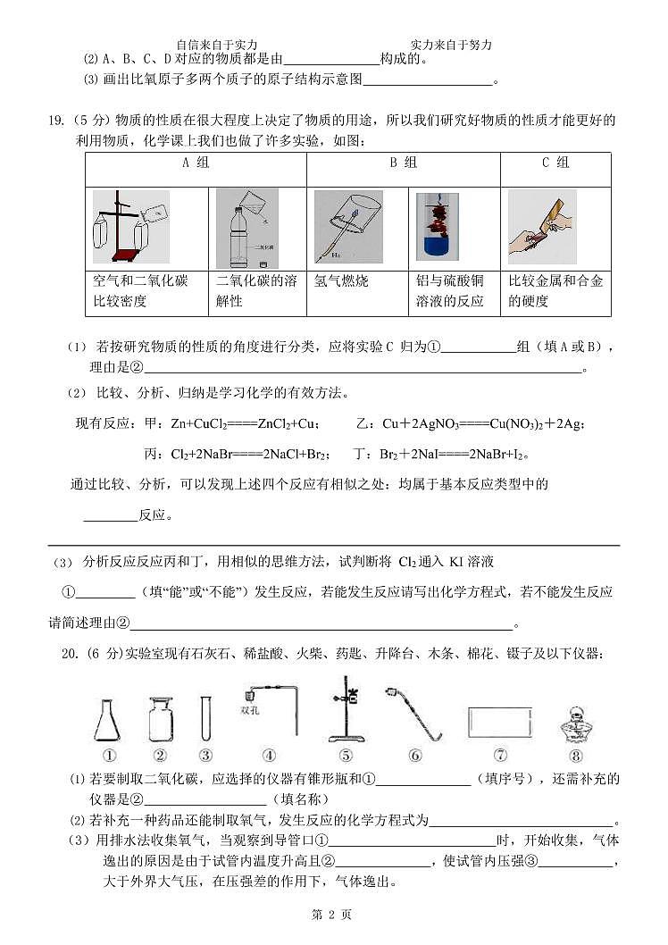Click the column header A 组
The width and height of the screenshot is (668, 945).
click(x=196, y=163)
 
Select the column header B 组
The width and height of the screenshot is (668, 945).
click(x=403, y=163)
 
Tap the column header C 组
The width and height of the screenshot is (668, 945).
click(x=555, y=163)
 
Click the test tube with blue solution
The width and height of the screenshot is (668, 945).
click(x=440, y=227)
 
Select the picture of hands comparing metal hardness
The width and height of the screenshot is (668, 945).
click(x=540, y=229)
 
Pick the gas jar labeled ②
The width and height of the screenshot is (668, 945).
click(x=161, y=717)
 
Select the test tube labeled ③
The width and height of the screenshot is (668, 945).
click(x=205, y=717)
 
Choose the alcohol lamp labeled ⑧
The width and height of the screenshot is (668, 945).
click(x=575, y=720)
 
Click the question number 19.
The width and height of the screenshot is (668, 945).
click(x=55, y=121)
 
